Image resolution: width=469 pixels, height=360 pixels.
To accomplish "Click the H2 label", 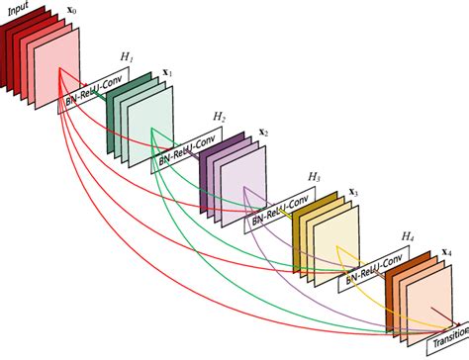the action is point(219,118).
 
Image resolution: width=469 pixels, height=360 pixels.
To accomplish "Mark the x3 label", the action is point(354,190).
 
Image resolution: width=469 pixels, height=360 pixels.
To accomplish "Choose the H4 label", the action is point(406,236).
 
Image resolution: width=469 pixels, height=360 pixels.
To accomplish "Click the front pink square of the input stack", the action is point(57,69).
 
